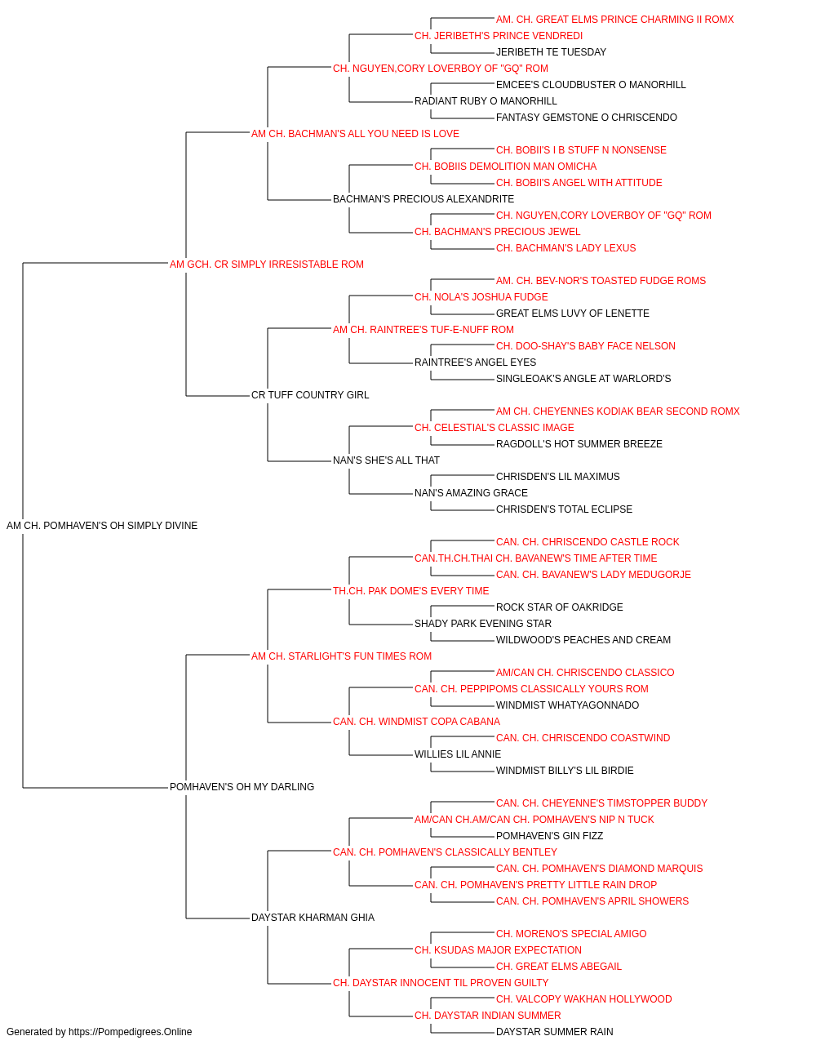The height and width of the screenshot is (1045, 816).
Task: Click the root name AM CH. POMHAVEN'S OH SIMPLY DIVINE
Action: (102, 526)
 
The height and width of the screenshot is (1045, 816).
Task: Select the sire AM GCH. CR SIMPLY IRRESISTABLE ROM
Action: (267, 265)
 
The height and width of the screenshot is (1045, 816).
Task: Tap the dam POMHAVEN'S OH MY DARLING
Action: (242, 787)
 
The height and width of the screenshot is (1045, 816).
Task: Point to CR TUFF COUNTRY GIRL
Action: (310, 395)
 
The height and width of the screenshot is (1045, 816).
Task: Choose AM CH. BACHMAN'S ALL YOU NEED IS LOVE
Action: (355, 134)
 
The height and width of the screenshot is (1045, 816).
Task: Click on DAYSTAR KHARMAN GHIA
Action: (313, 918)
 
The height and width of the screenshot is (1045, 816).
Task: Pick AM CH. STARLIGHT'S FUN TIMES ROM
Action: (341, 656)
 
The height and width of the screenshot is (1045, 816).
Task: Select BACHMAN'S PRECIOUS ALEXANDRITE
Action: (424, 199)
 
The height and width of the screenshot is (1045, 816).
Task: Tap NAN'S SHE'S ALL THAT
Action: (386, 460)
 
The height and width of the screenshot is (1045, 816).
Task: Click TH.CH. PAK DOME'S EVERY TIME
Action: (411, 591)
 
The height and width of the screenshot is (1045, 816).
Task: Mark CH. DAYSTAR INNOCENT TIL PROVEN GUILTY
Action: (441, 983)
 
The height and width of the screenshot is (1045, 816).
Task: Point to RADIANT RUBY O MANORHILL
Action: (486, 101)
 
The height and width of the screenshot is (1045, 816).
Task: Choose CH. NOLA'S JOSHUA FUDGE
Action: (481, 297)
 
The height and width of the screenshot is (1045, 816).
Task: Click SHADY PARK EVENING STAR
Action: (483, 624)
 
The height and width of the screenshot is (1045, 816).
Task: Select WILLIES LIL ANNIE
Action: (458, 754)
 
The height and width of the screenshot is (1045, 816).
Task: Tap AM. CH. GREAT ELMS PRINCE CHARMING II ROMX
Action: (614, 20)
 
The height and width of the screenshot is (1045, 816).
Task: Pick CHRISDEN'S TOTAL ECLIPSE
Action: (564, 509)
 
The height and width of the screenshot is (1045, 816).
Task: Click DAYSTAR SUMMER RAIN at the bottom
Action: (555, 1032)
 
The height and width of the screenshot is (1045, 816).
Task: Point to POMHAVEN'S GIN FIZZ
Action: (549, 836)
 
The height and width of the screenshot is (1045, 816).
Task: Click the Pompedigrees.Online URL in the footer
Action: (131, 1032)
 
